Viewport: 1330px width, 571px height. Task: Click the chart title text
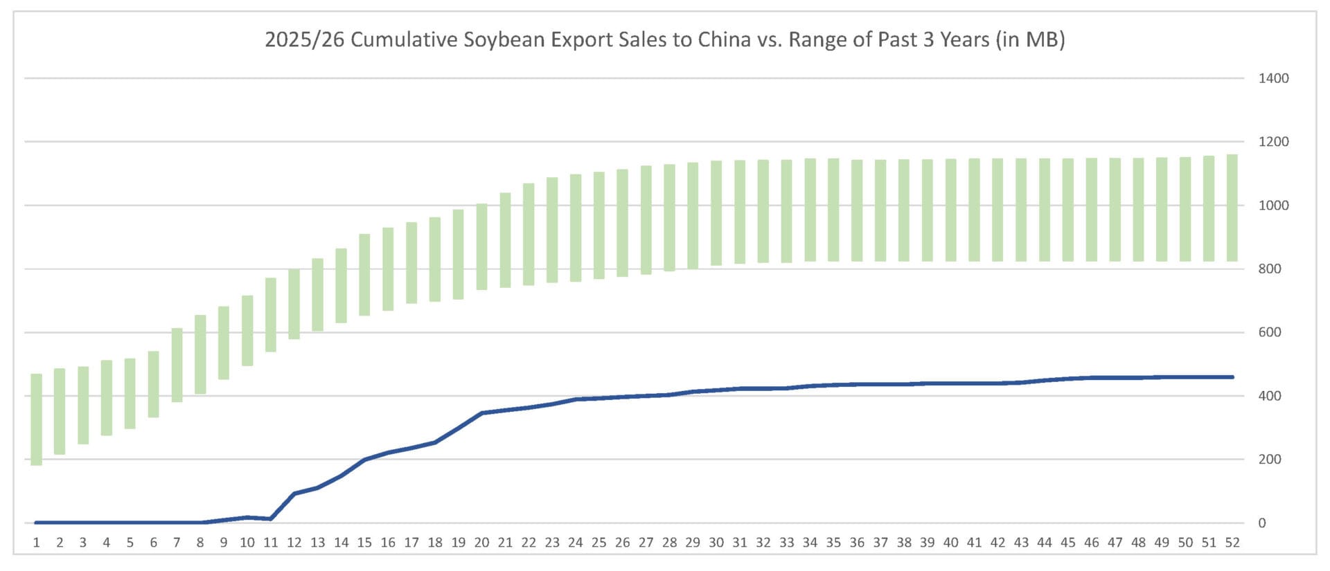tap(665, 39)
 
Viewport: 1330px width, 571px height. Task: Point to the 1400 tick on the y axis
tap(1273, 78)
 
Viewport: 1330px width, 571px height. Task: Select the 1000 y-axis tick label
tap(1273, 206)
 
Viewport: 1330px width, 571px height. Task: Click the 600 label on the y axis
tap(1270, 332)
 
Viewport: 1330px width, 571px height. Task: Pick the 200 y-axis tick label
tap(1270, 460)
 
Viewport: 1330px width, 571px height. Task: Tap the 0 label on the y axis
tap(1262, 523)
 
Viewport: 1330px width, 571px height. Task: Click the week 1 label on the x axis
tap(37, 543)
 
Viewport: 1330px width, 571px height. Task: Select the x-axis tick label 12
tap(294, 543)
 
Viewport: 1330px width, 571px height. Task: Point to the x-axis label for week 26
tap(623, 543)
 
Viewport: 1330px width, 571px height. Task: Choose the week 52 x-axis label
tap(1232, 543)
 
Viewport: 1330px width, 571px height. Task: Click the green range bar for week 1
tap(37, 419)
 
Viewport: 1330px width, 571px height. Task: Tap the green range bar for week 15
tap(364, 275)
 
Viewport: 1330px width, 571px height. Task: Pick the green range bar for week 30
tap(716, 213)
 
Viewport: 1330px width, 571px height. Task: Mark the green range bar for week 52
tap(1232, 208)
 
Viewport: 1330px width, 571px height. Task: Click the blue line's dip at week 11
tap(271, 519)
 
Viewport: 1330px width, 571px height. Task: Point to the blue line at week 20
tap(482, 413)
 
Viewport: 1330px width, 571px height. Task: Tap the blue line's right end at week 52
tap(1232, 377)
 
